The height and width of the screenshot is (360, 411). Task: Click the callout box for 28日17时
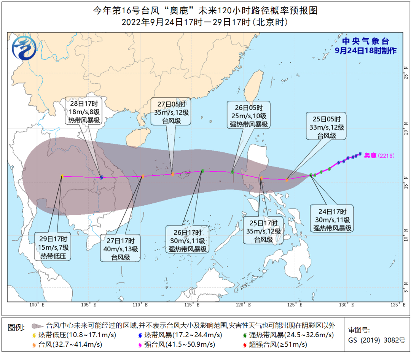(x=84, y=111)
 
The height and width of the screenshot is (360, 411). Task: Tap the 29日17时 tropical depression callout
(x=52, y=247)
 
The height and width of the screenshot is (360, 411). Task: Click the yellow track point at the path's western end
(x=62, y=176)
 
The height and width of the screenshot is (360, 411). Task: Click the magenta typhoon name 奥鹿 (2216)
(x=379, y=155)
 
